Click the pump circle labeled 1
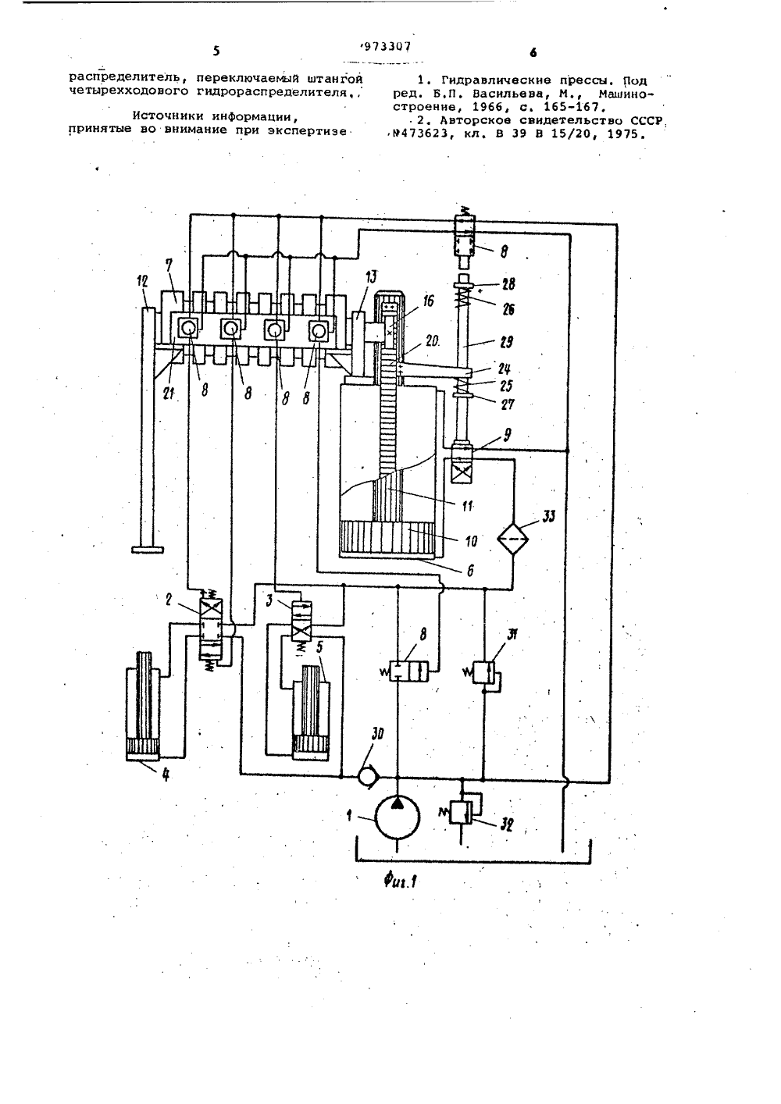coord(398,817)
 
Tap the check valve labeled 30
coord(367,777)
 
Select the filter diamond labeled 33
coord(512,539)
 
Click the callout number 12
coord(142,281)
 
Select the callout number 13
coord(371,277)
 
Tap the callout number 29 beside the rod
coord(505,342)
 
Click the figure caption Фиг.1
coord(401,880)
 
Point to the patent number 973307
coord(386,47)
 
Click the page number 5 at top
coord(216,51)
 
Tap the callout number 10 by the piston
coord(472,541)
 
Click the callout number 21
coord(169,394)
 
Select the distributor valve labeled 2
coord(210,629)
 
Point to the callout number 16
coord(429,301)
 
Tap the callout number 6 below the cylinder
coord(470,571)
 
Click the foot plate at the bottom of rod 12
coord(148,550)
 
